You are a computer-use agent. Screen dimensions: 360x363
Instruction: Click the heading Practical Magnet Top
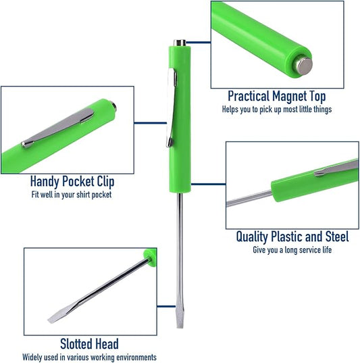[277, 96]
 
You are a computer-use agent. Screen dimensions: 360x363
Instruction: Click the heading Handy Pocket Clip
[72, 181]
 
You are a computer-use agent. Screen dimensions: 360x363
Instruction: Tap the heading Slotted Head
[89, 344]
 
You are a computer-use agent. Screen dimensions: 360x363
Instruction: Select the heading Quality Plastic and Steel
[292, 237]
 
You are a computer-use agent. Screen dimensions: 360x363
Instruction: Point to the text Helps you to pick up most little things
[277, 110]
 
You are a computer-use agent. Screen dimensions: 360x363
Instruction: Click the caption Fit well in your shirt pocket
[72, 195]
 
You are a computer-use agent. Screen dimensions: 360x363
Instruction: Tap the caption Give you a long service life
[292, 250]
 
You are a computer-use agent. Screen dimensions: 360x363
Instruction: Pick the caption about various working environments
[89, 357]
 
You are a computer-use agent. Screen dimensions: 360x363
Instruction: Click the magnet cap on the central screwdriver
[180, 43]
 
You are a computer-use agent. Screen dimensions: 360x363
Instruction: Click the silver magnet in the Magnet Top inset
[303, 66]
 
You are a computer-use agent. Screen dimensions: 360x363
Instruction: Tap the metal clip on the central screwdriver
[170, 107]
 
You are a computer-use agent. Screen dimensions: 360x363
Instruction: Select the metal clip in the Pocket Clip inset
[58, 128]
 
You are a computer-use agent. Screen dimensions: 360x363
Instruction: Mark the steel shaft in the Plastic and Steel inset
[249, 198]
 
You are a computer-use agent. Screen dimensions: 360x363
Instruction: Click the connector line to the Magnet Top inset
[199, 43]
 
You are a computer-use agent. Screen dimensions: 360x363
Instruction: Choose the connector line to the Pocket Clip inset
[151, 123]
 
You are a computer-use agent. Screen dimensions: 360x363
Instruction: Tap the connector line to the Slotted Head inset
[166, 307]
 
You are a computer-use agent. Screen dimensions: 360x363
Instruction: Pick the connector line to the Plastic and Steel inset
[208, 185]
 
